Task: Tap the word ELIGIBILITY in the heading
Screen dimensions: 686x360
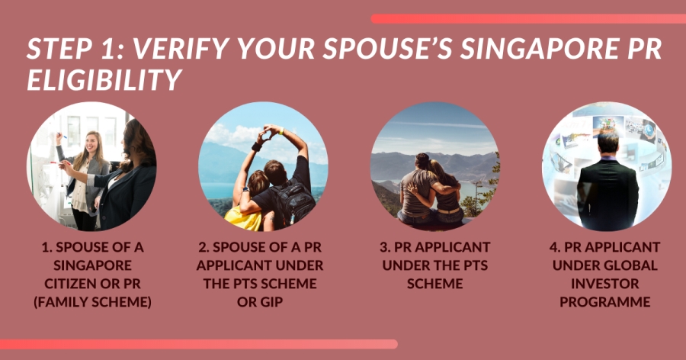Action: click(x=104, y=80)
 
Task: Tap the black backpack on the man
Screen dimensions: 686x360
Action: click(x=293, y=201)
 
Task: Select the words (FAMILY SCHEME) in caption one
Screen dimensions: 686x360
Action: click(x=93, y=302)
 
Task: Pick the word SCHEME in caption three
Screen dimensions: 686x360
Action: click(x=435, y=284)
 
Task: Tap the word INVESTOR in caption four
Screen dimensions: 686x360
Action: click(x=605, y=284)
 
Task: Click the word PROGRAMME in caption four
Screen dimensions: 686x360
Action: click(x=605, y=302)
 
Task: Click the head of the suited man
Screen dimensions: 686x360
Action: click(x=608, y=142)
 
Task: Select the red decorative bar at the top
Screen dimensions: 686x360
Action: click(x=528, y=19)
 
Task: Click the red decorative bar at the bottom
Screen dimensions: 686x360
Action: click(x=199, y=344)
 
